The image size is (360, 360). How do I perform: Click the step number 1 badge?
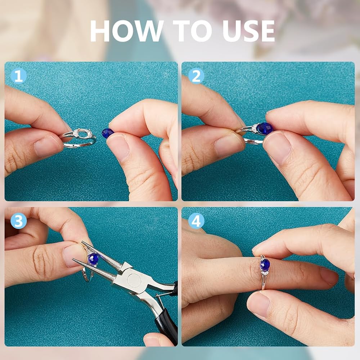(18, 76)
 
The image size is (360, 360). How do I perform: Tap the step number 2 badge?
(196, 76)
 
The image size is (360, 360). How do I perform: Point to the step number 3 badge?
(18, 221)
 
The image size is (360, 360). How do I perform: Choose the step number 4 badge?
(196, 221)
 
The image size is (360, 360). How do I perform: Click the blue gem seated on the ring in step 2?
(265, 129)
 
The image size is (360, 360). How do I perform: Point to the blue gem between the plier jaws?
(93, 259)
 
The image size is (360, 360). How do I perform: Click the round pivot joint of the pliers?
(134, 280)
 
